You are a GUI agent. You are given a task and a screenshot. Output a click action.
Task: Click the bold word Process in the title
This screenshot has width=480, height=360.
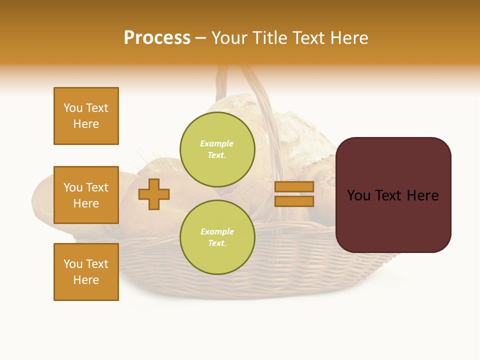tap(157, 38)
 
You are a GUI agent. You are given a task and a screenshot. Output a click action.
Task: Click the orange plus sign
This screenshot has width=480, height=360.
tap(154, 194)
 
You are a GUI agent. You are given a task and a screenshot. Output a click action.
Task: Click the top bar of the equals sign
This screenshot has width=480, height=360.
tap(294, 186)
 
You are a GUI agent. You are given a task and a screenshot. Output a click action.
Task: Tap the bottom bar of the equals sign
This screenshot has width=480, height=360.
tap(294, 201)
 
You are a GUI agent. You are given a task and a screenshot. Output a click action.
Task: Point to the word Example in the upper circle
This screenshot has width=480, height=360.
tap(216, 143)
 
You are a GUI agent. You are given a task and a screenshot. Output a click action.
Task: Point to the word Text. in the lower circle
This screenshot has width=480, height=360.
tap(217, 243)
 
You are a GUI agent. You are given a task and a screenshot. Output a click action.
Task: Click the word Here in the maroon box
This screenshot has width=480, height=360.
tap(422, 195)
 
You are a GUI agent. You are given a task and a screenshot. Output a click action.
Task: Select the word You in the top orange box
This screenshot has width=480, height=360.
tap(73, 108)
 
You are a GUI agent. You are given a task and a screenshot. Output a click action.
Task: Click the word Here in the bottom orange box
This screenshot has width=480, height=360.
tap(86, 280)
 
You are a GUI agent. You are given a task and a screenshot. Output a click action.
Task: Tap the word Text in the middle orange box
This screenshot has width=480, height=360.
tap(97, 187)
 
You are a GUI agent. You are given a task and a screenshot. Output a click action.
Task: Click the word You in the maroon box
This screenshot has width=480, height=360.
tap(358, 195)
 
